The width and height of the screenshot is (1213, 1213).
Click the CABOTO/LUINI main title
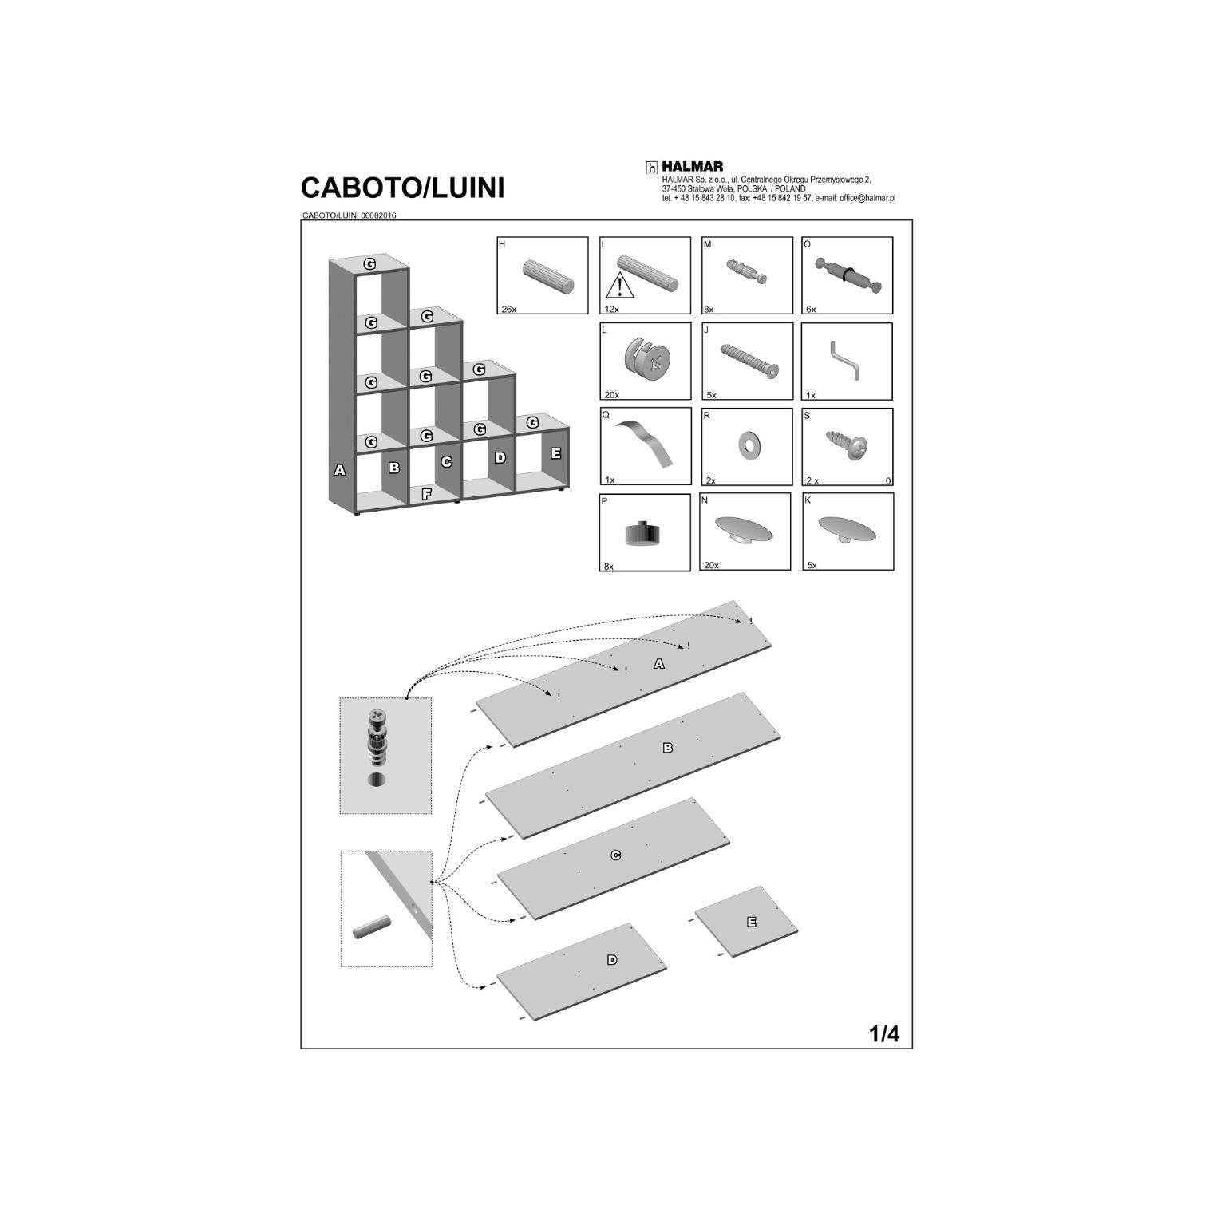pos(402,188)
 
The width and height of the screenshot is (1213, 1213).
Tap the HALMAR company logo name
pos(693,166)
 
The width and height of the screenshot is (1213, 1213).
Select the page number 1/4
pos(884,1034)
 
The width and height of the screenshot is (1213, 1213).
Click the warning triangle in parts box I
pos(619,285)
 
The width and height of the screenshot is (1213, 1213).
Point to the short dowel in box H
pos(548,276)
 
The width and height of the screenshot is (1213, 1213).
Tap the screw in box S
pos(848,445)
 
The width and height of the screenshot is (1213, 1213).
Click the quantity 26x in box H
pos(508,309)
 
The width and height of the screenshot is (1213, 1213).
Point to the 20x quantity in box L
pos(611,395)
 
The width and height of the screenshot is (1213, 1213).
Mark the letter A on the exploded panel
pos(658,664)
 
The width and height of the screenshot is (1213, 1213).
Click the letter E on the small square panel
pos(751,922)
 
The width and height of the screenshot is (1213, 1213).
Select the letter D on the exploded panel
pos(612,960)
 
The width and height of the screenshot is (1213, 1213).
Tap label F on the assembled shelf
pos(426,494)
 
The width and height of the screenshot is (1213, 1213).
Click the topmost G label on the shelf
pos(369,263)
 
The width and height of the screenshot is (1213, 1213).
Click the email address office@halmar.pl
pos(867,198)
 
